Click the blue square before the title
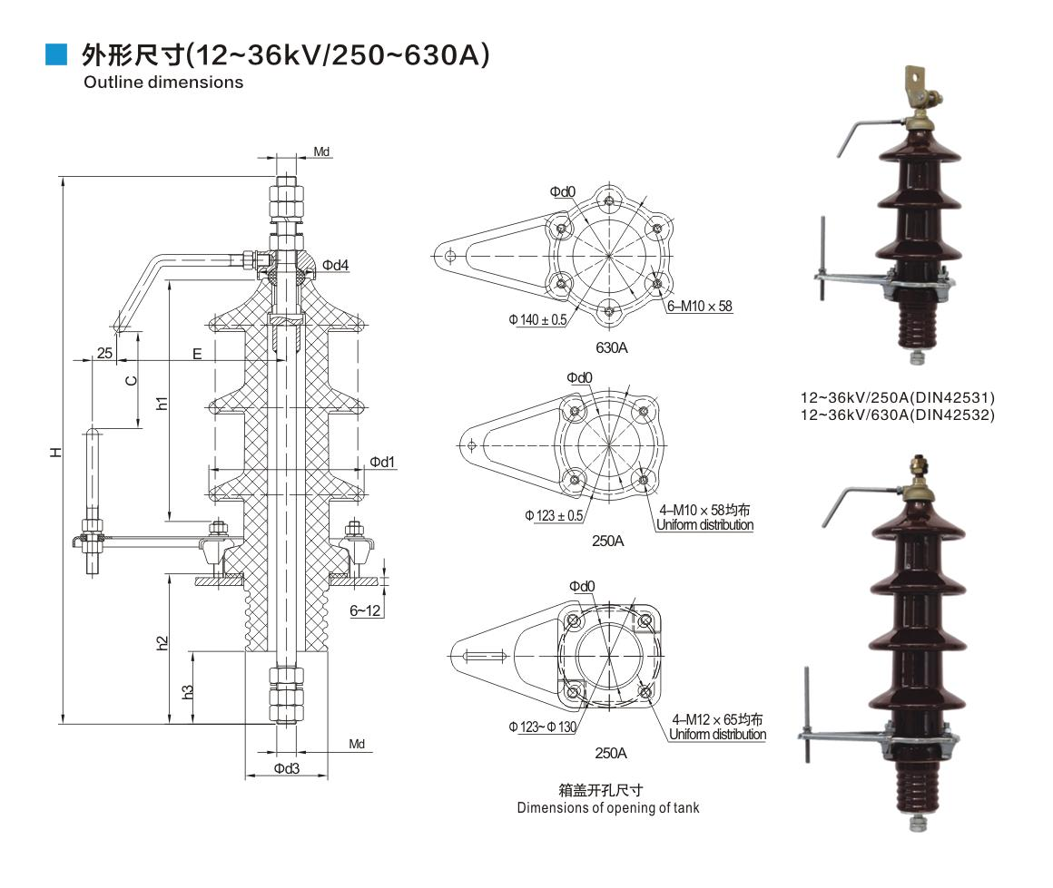point(56,57)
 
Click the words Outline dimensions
point(163,83)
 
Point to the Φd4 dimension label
point(335,265)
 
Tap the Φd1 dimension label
point(382,463)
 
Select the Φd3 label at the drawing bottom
point(287,768)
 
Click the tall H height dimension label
point(56,451)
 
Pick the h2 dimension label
point(162,643)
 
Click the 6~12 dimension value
point(366,611)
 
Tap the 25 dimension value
point(104,353)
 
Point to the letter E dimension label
point(197,354)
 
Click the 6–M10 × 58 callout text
point(700,307)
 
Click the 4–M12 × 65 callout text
point(716,720)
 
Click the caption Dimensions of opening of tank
point(608,807)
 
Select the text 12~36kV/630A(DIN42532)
point(897,415)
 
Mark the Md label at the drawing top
point(321,151)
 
